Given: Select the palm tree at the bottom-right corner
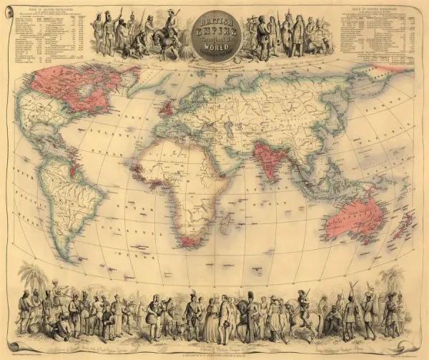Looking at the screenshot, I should [391, 279].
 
